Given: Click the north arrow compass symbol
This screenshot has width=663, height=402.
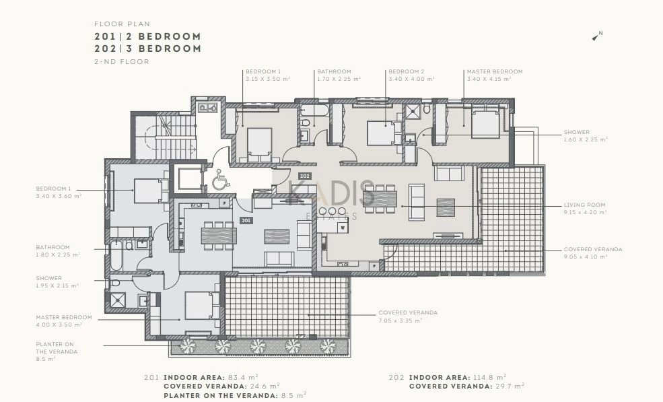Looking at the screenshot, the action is pos(596,36).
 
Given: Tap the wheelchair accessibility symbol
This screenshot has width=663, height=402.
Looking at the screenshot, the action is pos(221,179).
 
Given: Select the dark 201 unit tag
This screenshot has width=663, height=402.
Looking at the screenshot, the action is pos(246,220).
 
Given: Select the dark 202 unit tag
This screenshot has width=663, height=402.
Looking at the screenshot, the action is pos(304,176).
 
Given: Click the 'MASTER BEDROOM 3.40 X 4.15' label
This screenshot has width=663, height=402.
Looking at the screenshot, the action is pos(495,75).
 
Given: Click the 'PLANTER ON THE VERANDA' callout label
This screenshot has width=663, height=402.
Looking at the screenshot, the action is pos(57,351).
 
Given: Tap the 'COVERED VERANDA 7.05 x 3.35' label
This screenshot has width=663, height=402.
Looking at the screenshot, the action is pos(408,316).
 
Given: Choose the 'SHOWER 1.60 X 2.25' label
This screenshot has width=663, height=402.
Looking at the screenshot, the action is pos(585,135).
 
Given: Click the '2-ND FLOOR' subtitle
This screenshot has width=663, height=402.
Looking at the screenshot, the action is pos(122,61).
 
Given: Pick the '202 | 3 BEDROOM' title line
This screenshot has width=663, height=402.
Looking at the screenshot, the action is pos(147,48).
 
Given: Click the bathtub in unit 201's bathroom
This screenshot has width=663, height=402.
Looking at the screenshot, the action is pos(116,256).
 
